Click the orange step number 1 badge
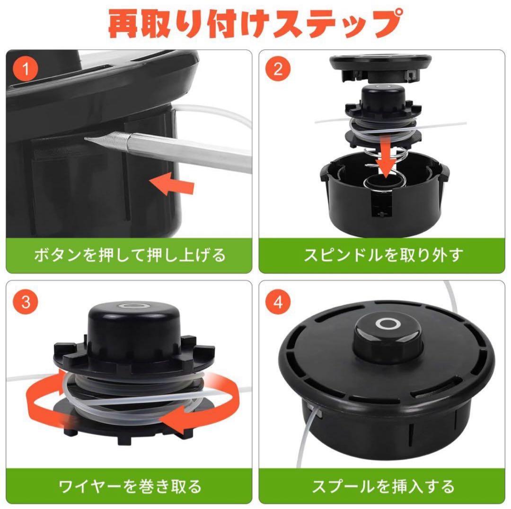point(26,69)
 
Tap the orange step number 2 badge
point(278,69)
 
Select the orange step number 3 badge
point(26,302)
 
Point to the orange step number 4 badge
point(278,302)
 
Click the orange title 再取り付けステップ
point(255,24)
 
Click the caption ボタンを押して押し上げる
point(130,255)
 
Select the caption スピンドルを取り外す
point(383,255)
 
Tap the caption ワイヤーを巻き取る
point(130,486)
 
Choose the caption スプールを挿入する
point(383,486)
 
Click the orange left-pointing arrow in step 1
point(172,183)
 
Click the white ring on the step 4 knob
point(388,324)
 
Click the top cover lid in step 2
point(380,69)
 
